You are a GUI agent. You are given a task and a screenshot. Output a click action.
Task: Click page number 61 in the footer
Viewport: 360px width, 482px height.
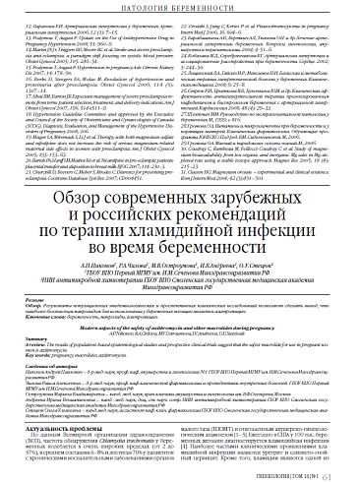pyautogui.click(x=346, y=471)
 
